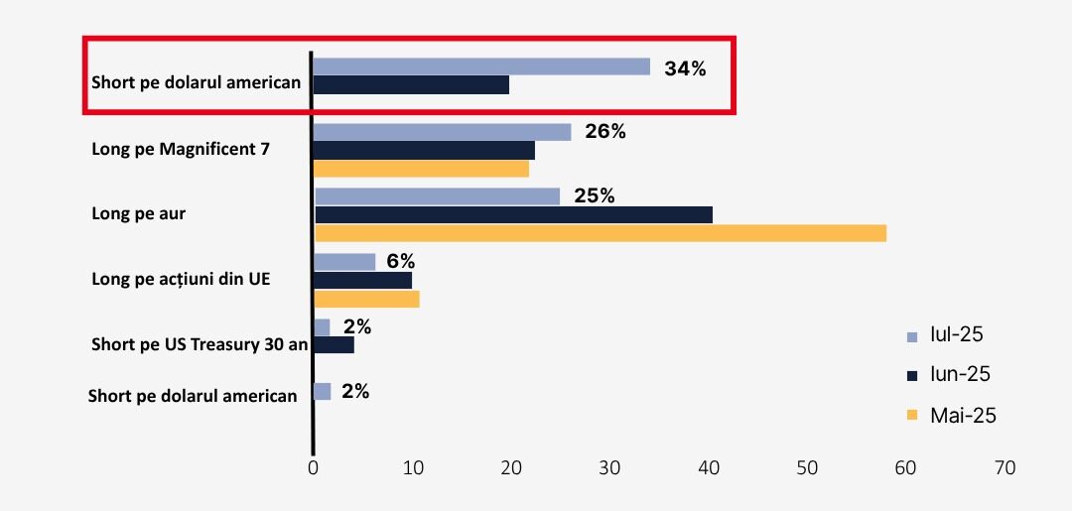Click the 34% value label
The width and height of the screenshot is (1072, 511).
point(685,68)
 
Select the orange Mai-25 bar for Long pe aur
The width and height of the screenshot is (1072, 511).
point(600,233)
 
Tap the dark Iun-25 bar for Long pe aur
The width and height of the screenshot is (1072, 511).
point(513,214)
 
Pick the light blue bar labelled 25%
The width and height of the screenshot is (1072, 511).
point(437,196)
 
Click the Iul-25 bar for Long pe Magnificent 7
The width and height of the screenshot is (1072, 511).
point(442,132)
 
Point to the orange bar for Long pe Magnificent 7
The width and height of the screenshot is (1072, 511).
point(421,169)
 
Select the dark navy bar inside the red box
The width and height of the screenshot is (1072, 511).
point(411,85)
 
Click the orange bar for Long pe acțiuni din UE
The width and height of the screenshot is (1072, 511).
point(366,299)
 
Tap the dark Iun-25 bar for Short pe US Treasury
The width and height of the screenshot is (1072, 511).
point(334,345)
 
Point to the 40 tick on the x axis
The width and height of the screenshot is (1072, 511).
point(708,467)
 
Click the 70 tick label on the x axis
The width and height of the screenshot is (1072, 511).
point(1004,467)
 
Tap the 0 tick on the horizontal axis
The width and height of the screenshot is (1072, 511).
point(313,467)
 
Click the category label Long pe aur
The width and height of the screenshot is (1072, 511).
point(137,213)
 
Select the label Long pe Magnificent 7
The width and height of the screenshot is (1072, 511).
point(180,150)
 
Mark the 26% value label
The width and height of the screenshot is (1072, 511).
point(605,131)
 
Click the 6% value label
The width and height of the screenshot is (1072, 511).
point(400,261)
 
